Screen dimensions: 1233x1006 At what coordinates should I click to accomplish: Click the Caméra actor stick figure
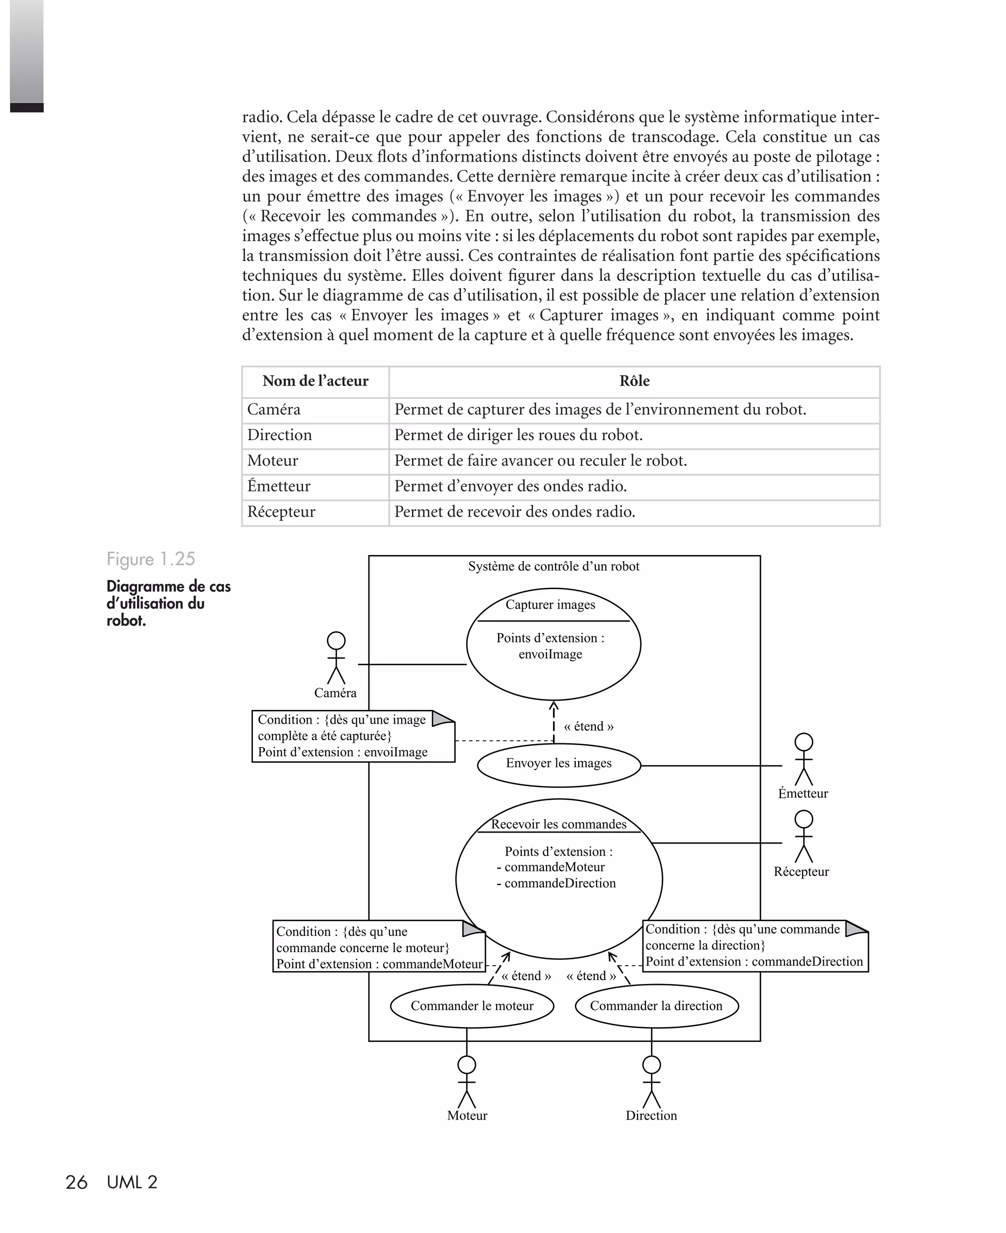336,659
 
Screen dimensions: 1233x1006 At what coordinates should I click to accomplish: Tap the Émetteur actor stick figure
803,759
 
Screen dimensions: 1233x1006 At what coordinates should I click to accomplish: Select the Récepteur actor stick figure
803,837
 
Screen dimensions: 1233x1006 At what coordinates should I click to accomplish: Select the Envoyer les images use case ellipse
559,764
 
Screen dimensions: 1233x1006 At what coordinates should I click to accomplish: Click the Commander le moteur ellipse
472,1007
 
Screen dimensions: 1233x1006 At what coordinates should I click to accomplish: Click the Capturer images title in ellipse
550,605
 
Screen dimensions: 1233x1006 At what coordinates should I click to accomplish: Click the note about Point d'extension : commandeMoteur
378,948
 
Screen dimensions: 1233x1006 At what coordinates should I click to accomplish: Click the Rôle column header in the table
634,381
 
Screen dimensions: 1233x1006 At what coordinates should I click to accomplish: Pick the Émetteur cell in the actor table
279,486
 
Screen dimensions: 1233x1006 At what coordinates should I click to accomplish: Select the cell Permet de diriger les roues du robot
518,435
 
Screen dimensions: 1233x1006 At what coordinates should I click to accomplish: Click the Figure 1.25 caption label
151,559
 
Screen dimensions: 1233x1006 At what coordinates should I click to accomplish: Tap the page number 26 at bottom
76,1182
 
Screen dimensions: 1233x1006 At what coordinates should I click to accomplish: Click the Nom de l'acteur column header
315,381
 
